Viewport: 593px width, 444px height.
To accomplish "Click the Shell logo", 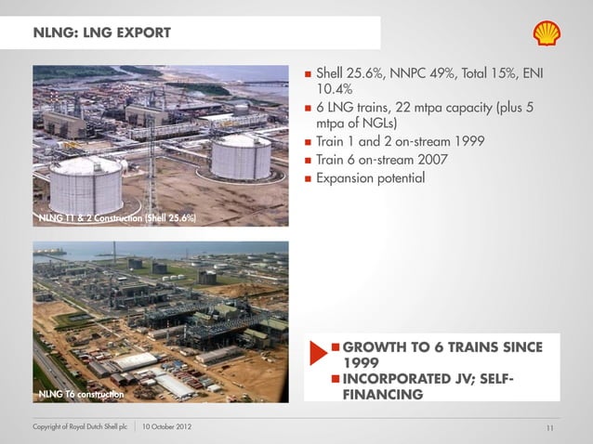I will tap(547, 33).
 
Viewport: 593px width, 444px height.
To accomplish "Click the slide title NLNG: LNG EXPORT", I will tap(102, 34).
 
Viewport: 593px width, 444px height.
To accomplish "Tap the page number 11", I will tap(549, 427).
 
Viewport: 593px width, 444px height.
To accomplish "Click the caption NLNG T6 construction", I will tap(80, 396).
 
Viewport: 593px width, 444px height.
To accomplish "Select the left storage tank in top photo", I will tap(86, 184).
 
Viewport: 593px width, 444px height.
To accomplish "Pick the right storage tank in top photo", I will tap(240, 156).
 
